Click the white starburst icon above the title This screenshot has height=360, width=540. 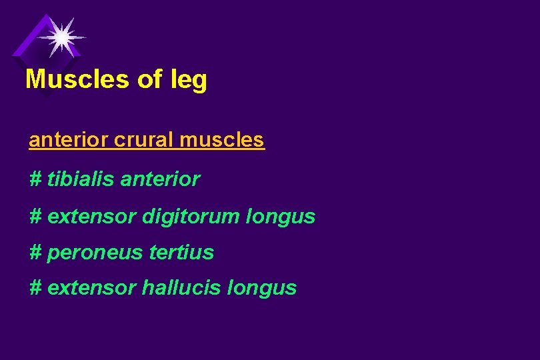click(x=61, y=37)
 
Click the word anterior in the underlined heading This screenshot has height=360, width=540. click(x=69, y=140)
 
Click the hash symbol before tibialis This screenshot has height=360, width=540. click(x=36, y=179)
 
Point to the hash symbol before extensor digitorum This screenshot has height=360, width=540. click(x=36, y=217)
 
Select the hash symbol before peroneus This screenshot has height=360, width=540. click(x=36, y=252)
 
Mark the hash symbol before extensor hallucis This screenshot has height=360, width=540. click(x=36, y=288)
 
